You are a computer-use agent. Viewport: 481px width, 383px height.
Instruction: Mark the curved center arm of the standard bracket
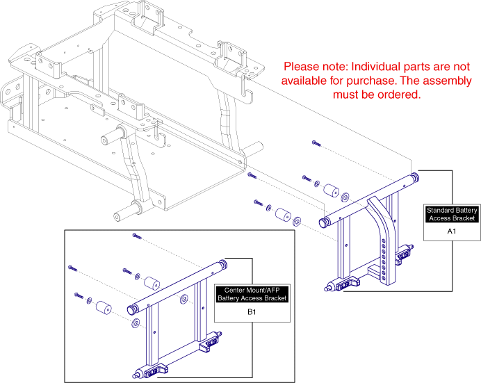382,222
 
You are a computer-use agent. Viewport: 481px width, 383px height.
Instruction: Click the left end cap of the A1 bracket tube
323,222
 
